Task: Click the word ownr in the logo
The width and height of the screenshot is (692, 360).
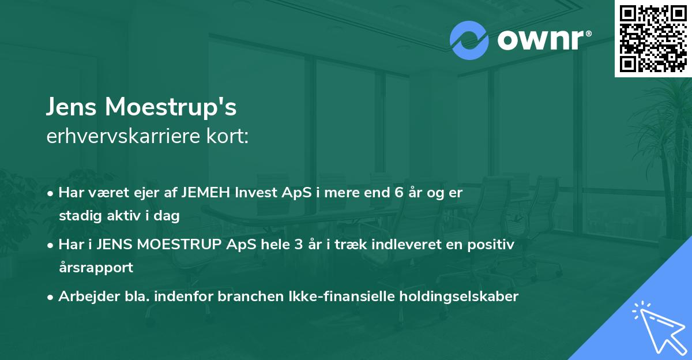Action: [543, 40]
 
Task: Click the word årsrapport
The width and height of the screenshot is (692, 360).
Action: [96, 267]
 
